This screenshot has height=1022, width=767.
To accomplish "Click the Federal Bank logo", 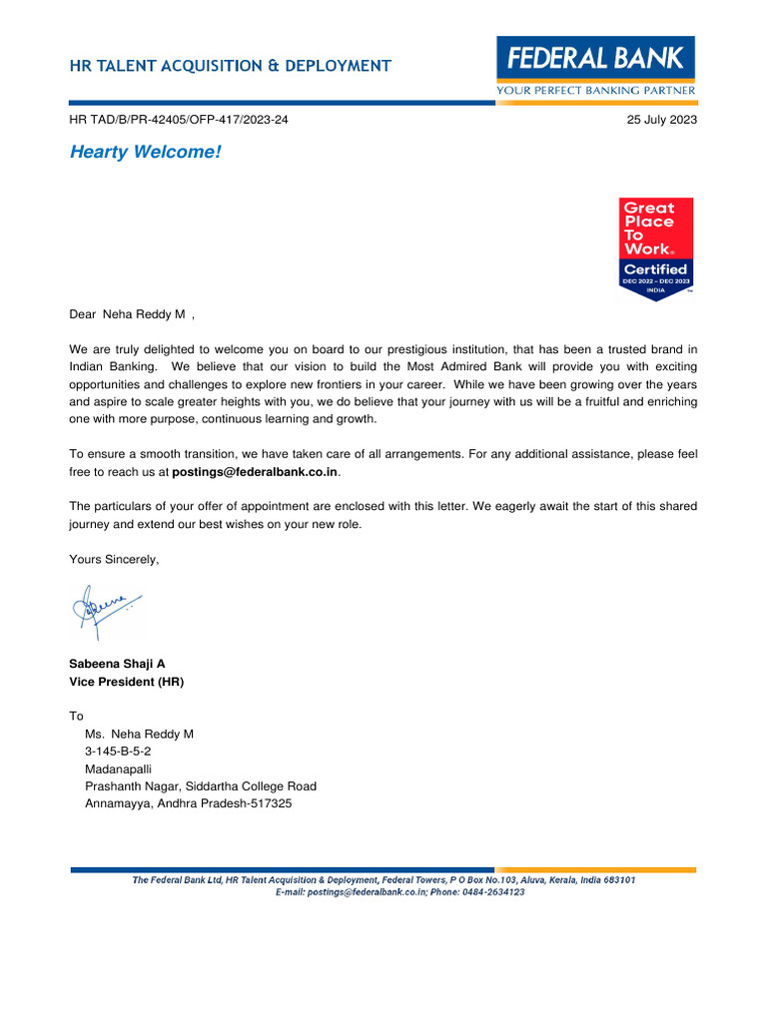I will (x=596, y=59).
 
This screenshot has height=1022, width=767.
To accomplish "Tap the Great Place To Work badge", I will (x=656, y=248).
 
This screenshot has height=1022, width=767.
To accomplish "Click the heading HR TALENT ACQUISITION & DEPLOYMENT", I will (x=230, y=66).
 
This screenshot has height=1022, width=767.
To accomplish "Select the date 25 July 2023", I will (x=661, y=120).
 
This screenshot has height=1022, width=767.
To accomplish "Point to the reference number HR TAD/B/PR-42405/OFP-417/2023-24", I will (x=179, y=120).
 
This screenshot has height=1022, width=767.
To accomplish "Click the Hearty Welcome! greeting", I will (x=145, y=152).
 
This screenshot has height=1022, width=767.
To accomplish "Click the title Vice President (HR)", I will (x=126, y=682).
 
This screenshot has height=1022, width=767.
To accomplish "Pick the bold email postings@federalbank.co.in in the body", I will (x=256, y=471).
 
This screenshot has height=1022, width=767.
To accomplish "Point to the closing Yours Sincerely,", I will (x=114, y=559).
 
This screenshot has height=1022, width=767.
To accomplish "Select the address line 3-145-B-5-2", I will (x=118, y=751).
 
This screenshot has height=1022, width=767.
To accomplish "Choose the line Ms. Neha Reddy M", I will (x=139, y=734).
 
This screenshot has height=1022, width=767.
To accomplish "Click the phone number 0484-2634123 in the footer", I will (x=490, y=892).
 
